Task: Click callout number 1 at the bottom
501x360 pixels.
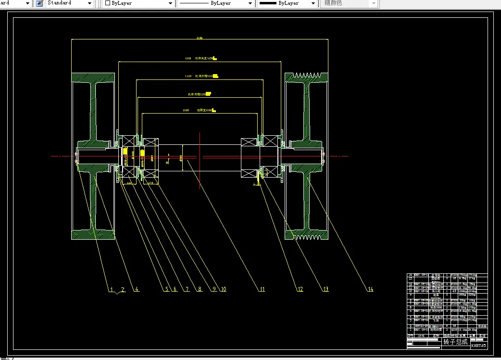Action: coord(111,289)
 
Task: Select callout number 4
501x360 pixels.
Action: coord(136,289)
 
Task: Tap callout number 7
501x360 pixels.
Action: coord(186,289)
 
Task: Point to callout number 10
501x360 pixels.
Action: coord(223,289)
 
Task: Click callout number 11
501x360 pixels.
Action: coord(262,289)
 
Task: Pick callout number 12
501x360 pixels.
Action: coord(300,289)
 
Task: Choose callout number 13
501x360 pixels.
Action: coord(326,289)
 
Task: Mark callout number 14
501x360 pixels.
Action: coord(370,289)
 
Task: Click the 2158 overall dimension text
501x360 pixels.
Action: coord(200,38)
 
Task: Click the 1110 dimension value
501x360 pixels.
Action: coord(188,76)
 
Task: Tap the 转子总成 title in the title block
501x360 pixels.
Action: coord(455,342)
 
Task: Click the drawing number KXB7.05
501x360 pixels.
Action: coord(478,345)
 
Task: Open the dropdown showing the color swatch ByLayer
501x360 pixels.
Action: coord(138,3)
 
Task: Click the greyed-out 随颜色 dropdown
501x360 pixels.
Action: coord(349,3)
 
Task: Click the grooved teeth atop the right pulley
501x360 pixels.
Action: coord(306,76)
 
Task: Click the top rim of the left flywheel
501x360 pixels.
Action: coord(93,77)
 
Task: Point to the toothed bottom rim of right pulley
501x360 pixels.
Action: coord(306,236)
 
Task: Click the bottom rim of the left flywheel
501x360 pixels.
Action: coord(93,234)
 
